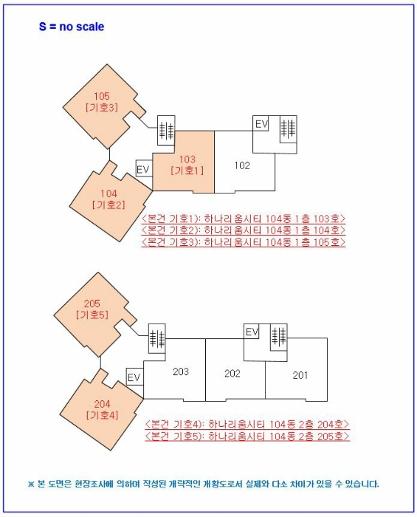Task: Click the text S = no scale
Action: pos(72,27)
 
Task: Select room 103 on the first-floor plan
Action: pos(187,164)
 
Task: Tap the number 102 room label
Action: pos(242,165)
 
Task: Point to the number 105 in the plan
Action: pos(102,97)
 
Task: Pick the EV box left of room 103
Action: pos(144,169)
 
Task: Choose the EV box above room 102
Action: pos(261,124)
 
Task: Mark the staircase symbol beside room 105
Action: pos(167,130)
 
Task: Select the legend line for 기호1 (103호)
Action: pos(243,219)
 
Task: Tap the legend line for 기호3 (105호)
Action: pos(243,242)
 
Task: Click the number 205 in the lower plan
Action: pos(92,304)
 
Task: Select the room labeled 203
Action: pos(182,371)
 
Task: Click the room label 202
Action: pos(232,374)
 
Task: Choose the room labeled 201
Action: pos(300,375)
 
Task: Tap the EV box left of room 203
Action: pos(134,377)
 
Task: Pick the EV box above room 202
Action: pos(252,332)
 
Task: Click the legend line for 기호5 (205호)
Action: pos(246,436)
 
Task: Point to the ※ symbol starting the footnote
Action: pos(32,485)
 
